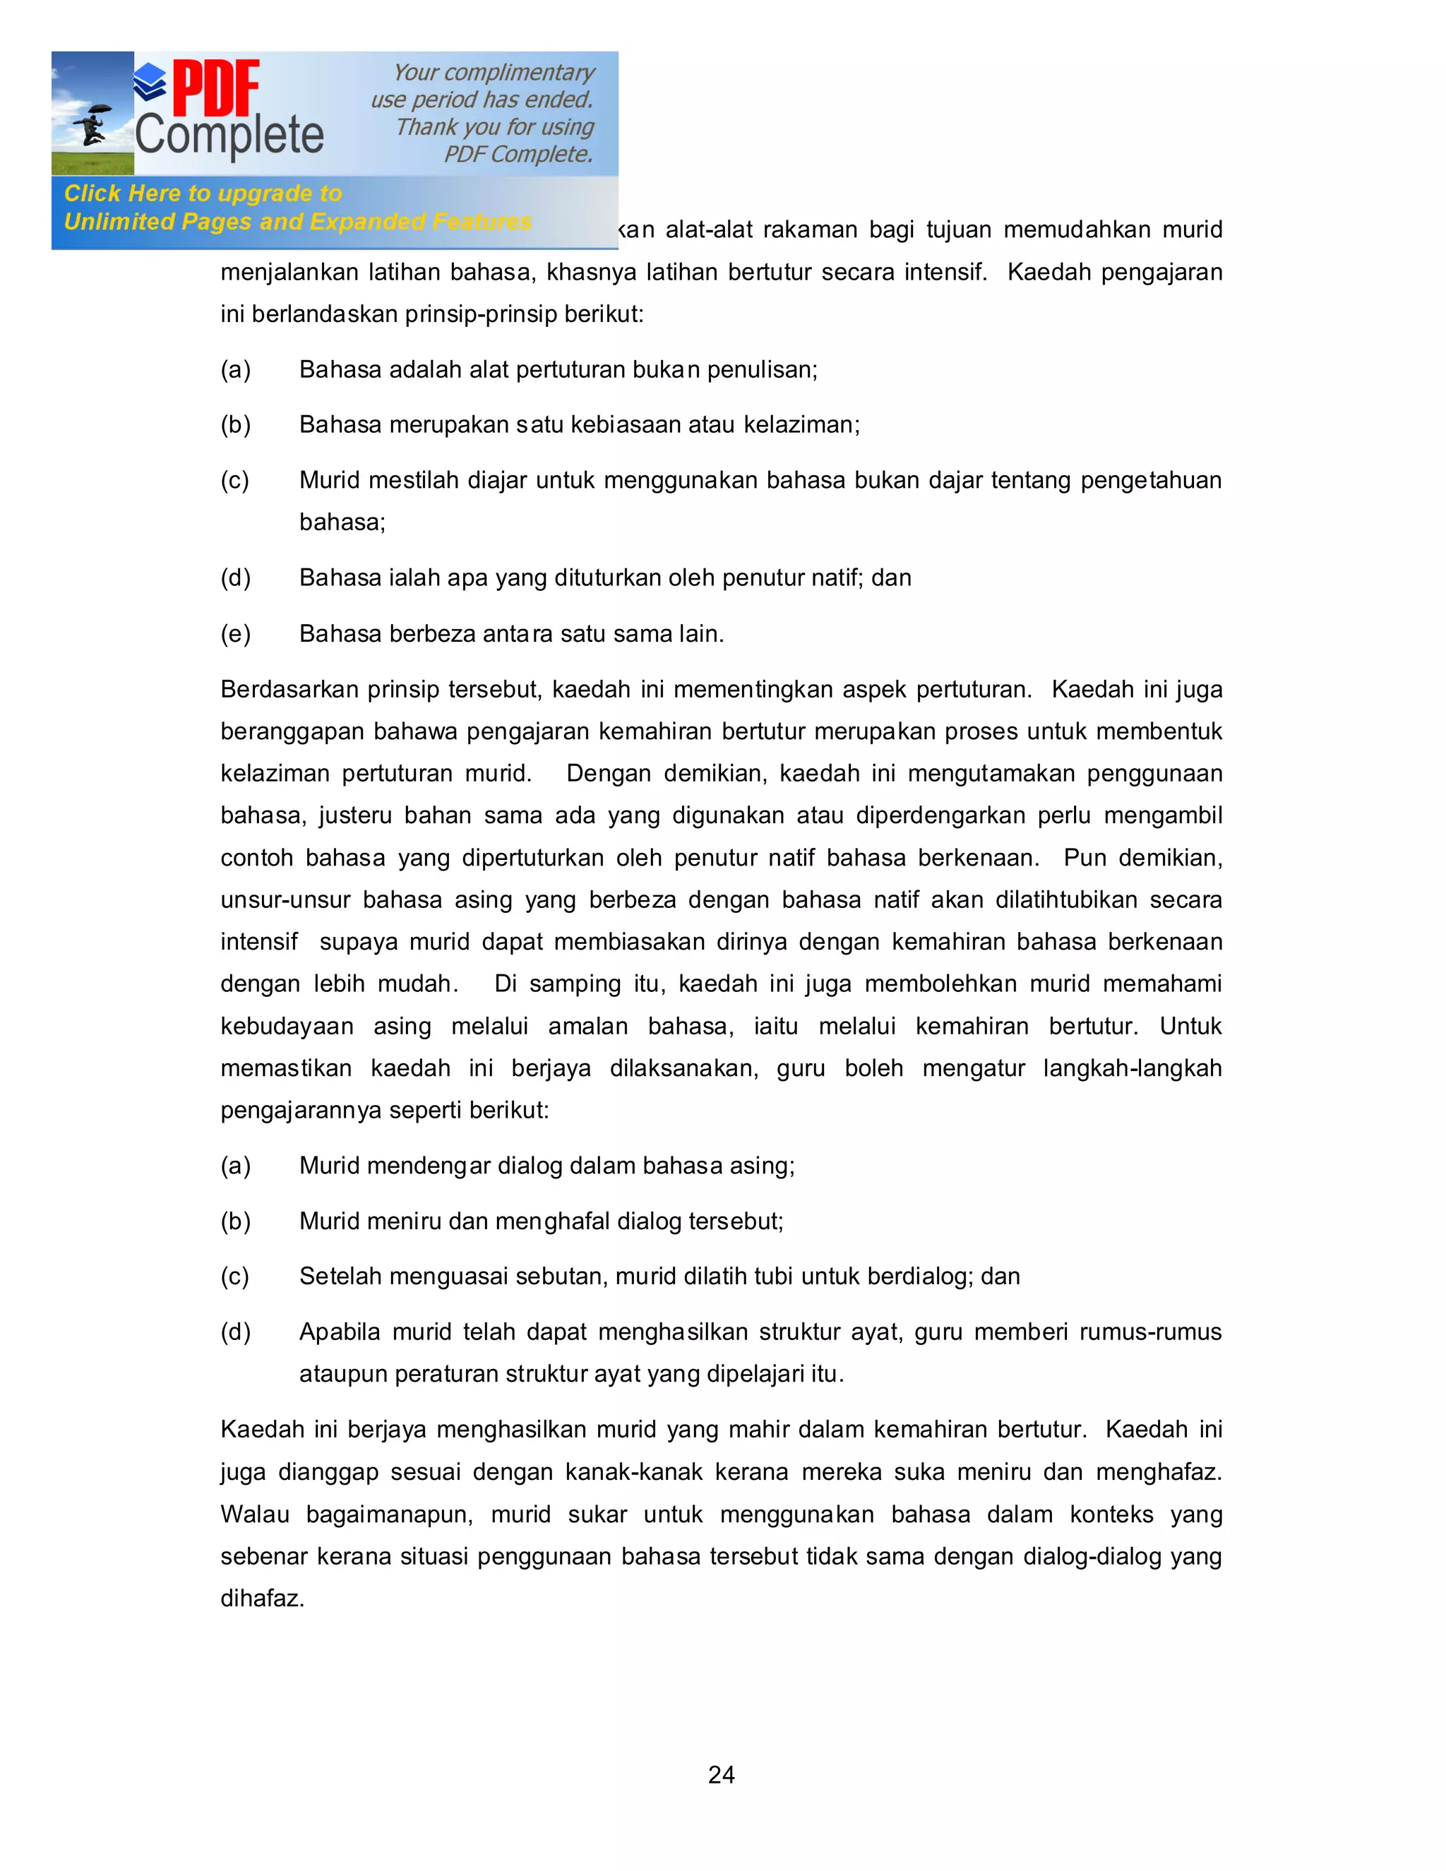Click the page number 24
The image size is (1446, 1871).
(x=722, y=1774)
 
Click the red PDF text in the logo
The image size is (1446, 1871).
(x=216, y=88)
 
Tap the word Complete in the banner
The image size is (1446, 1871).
(x=229, y=136)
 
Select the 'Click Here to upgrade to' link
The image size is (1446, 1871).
(x=203, y=193)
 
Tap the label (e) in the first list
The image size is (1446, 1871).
(x=236, y=634)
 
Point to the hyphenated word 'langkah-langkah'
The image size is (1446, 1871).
(x=1132, y=1068)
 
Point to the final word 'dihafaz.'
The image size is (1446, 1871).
(x=262, y=1598)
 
